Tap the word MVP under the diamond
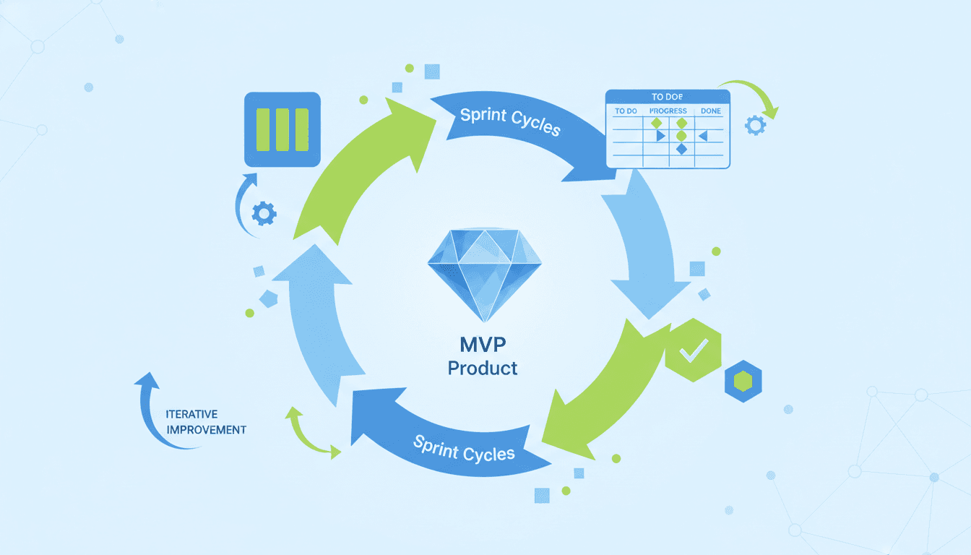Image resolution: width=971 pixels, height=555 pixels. coord(482,342)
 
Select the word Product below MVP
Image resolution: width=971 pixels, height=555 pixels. coord(482,368)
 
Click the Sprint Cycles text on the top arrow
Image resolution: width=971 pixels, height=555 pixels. coord(510,121)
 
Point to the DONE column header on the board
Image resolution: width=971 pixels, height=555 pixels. coord(711,111)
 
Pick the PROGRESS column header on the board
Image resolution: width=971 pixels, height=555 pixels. coord(668,111)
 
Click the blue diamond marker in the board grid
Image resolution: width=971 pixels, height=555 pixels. coord(681,148)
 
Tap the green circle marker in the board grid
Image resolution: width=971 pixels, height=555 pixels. coord(681,135)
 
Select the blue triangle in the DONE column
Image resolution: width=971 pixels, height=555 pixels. coord(702,135)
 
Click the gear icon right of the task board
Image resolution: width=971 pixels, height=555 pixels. coord(755,126)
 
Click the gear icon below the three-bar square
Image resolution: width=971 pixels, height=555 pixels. coord(264,212)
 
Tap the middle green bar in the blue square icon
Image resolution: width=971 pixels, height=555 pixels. coord(282,130)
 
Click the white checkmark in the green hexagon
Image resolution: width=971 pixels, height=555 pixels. coord(694,350)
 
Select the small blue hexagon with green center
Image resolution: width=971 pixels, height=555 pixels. coord(743,381)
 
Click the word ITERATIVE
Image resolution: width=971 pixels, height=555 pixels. coord(191,414)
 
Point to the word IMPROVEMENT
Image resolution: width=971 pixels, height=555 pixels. coord(206,429)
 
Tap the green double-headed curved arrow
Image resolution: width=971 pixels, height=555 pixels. coord(309,432)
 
